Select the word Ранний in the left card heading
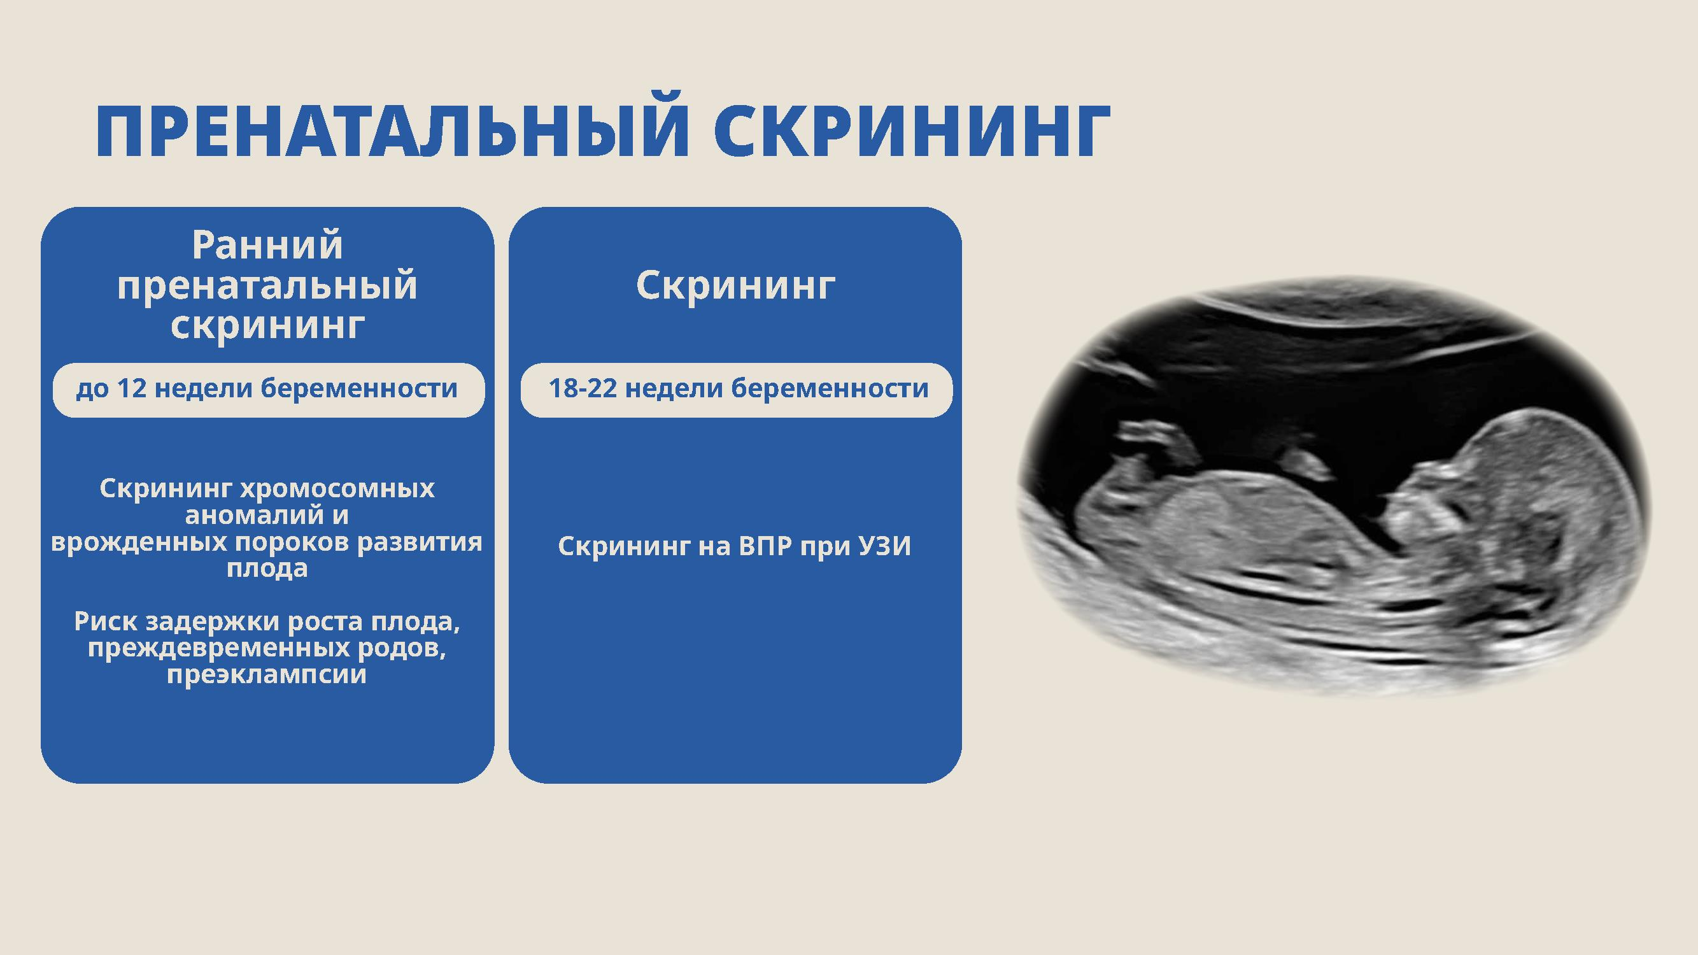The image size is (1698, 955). click(x=267, y=245)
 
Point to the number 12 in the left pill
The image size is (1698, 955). click(x=132, y=388)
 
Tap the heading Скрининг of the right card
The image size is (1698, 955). click(x=735, y=286)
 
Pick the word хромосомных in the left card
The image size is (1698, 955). click(x=337, y=489)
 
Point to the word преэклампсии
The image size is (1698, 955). click(x=267, y=675)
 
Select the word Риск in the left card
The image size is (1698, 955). click(x=106, y=621)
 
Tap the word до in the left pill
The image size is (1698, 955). click(x=92, y=389)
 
